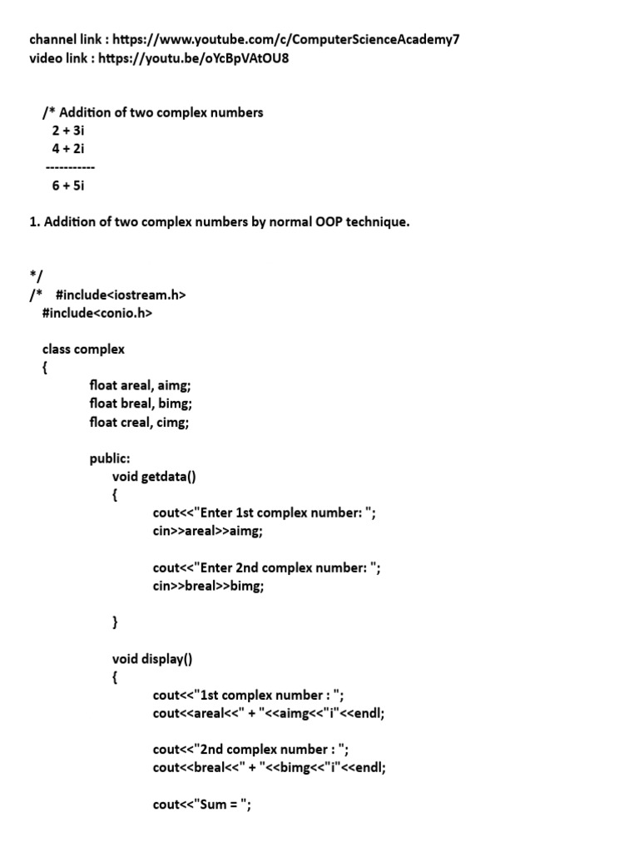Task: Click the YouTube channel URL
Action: (x=285, y=39)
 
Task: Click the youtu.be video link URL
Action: (x=194, y=59)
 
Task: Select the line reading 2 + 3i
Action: (x=68, y=131)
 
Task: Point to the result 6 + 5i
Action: (x=68, y=186)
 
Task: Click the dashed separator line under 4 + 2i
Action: (x=70, y=167)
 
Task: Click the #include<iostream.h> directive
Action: (x=120, y=295)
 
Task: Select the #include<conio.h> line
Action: (x=97, y=313)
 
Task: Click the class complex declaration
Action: (x=83, y=349)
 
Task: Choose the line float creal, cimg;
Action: (x=140, y=422)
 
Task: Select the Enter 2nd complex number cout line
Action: (x=267, y=568)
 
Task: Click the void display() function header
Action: (x=151, y=660)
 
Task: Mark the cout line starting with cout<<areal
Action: (x=269, y=713)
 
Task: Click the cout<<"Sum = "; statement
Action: (x=202, y=805)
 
